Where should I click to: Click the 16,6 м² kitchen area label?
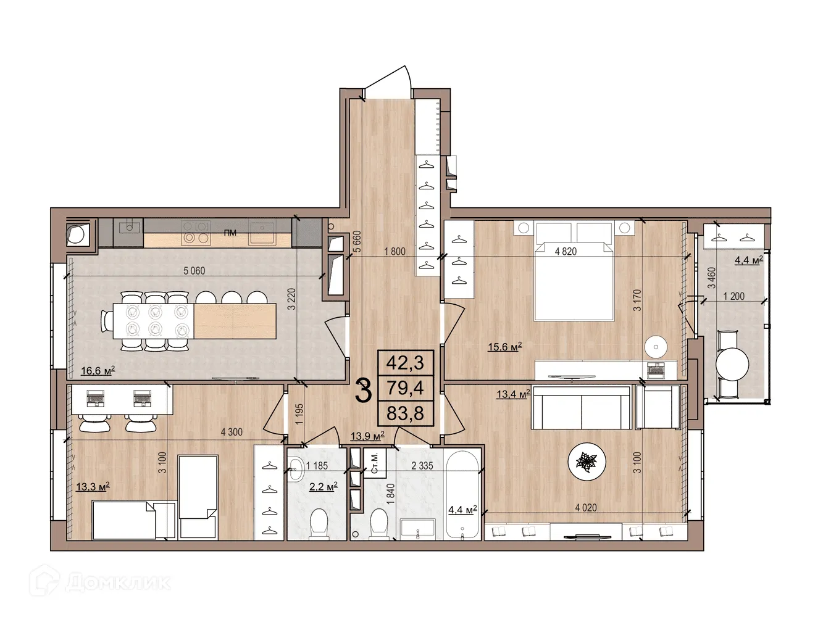coord(98,371)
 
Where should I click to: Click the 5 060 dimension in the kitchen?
coord(194,271)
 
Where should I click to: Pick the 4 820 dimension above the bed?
coord(566,252)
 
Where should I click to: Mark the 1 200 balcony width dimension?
coord(733,296)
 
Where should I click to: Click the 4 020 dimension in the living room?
coord(585,508)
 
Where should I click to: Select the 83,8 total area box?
coord(405,413)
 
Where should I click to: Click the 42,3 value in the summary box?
coord(405,363)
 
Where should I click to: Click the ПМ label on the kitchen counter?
coord(230,233)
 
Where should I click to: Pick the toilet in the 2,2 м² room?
coord(319,523)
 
